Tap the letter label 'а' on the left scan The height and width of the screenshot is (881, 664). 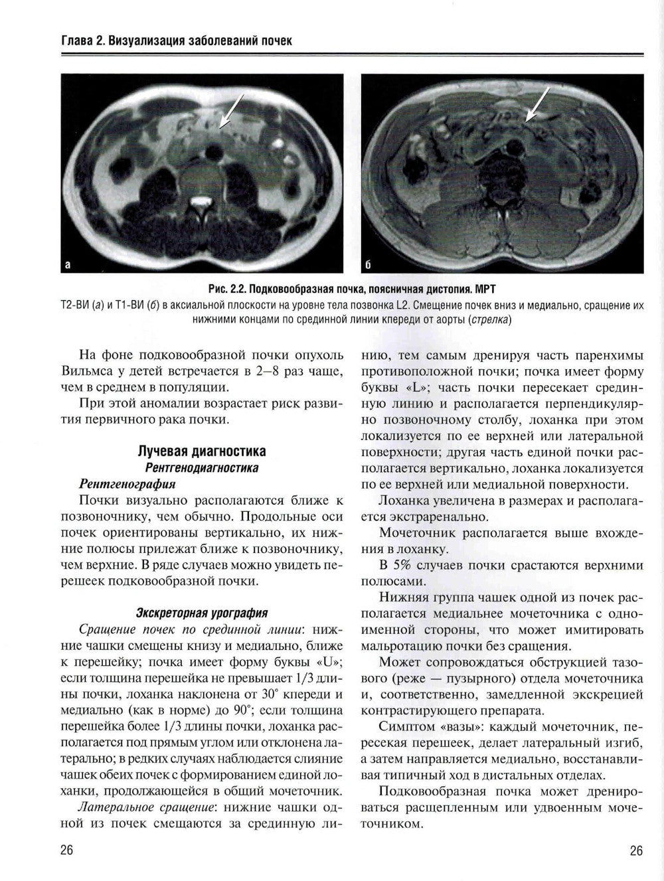66,265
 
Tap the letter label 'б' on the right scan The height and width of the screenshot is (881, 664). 368,265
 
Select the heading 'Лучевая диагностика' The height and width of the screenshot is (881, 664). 201,451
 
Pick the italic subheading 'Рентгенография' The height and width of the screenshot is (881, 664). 127,483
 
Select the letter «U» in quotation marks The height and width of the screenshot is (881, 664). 328,661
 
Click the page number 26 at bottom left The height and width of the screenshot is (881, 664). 66,852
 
